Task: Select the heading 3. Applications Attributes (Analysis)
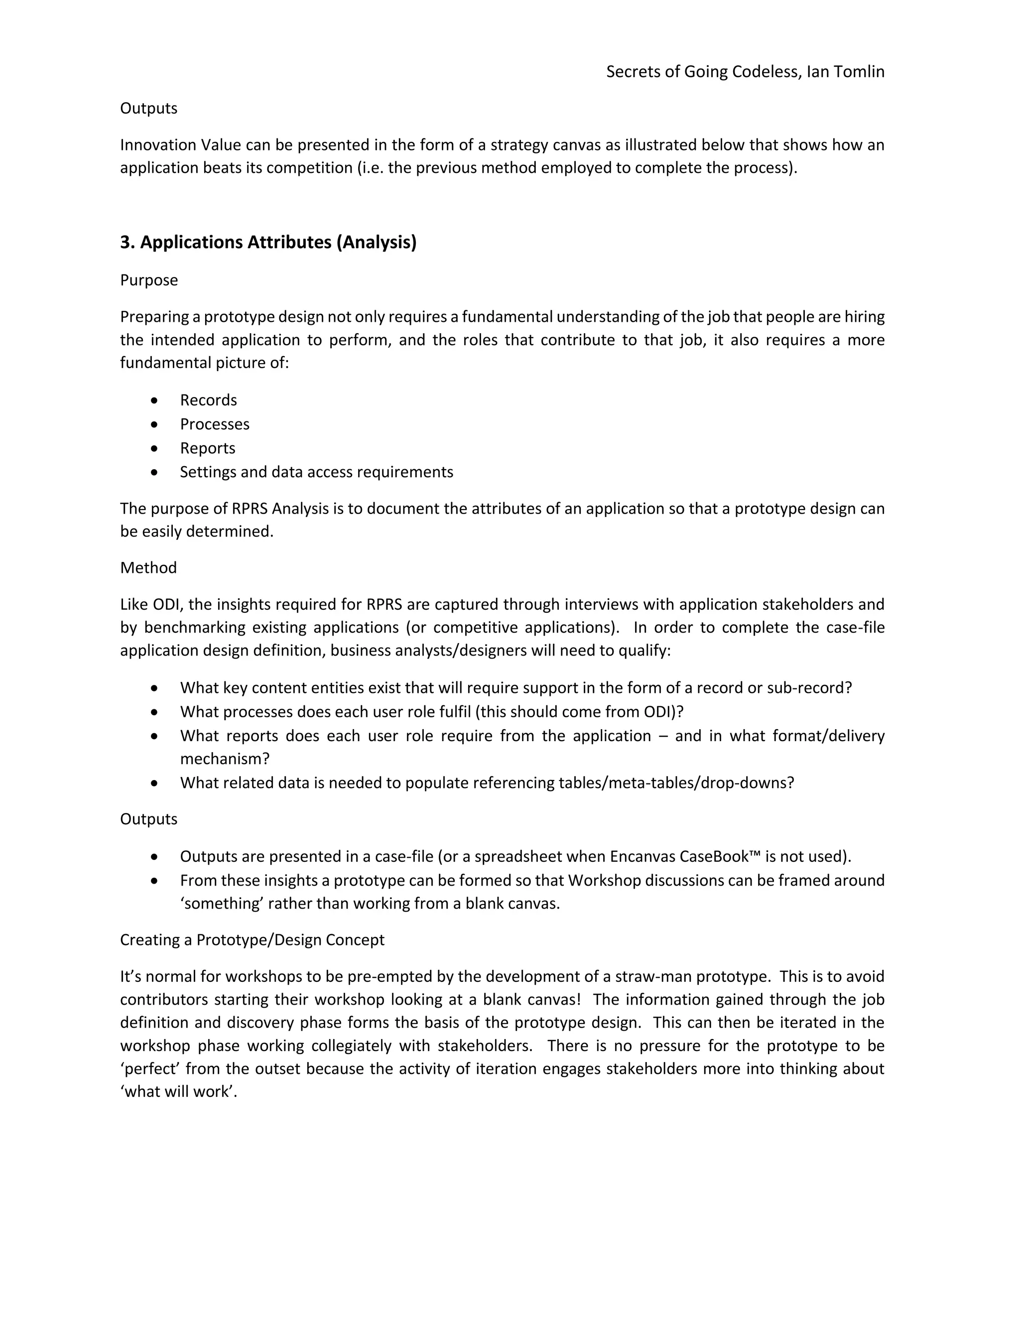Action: (x=268, y=243)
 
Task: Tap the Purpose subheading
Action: (x=148, y=280)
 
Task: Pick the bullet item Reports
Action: (x=207, y=448)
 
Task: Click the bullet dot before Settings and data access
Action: (x=155, y=472)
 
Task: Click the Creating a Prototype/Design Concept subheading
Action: (x=252, y=940)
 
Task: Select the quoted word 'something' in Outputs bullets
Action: (x=221, y=904)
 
